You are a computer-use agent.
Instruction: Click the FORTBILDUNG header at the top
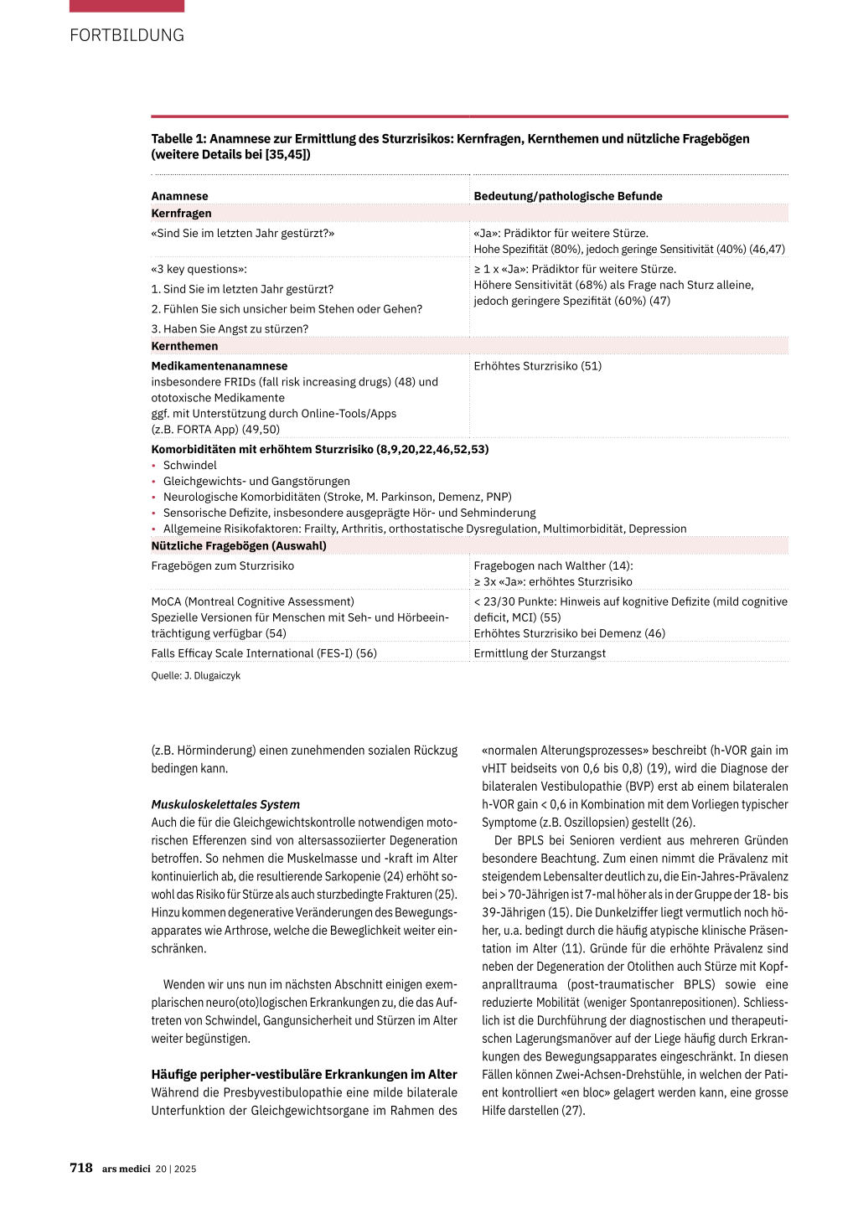coord(127,35)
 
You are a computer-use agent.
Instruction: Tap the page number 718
coord(81,1168)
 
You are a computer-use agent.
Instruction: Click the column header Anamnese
coord(179,196)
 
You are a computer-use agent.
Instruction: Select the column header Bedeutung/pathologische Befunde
coord(567,196)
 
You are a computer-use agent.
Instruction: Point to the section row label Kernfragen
coord(181,214)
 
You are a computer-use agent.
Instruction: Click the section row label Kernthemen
coord(184,346)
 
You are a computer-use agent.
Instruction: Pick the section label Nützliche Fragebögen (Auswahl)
coord(239,546)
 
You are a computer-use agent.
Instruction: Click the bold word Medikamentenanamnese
coord(219,366)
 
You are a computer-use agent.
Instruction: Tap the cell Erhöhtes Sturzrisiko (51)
coord(537,366)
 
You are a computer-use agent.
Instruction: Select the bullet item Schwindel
coord(189,466)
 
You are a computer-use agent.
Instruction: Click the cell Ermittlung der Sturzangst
coord(540,653)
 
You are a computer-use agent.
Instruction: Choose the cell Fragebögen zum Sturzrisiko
coord(222,566)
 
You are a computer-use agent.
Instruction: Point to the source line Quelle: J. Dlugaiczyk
coord(195,676)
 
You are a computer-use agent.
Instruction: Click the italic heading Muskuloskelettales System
coord(225,804)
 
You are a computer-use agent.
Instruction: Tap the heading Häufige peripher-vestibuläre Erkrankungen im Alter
coord(304,1075)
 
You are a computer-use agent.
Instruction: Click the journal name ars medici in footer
coord(126,1169)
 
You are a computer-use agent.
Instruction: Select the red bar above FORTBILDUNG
coord(127,6)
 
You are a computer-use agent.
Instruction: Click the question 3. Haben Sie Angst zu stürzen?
coord(230,329)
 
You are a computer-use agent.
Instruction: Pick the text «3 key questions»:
coord(199,270)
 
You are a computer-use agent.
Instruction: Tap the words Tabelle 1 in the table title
coord(178,139)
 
